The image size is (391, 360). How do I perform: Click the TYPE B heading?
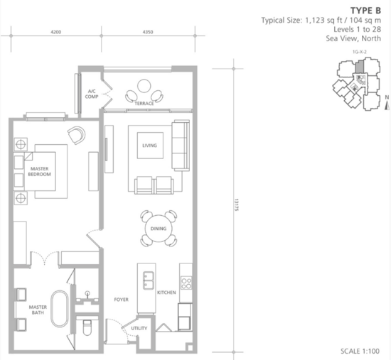365,11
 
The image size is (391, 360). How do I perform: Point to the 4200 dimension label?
56,32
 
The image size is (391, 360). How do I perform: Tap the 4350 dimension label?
148,32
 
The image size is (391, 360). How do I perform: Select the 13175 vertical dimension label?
237,205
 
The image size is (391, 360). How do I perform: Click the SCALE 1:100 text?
360,351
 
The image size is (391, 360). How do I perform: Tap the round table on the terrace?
144,86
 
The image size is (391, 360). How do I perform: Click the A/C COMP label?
92,94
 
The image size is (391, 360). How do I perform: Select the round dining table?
159,229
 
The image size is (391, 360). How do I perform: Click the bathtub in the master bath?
60,309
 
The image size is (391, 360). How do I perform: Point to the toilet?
87,327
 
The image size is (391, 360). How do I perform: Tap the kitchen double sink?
149,280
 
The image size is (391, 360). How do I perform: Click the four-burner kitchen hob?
186,283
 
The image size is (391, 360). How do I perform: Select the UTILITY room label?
139,328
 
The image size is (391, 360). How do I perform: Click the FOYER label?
121,300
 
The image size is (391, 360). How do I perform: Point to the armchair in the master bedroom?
77,135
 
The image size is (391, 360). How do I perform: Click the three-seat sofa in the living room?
181,146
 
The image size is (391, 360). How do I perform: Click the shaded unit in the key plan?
359,67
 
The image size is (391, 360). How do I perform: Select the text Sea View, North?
353,38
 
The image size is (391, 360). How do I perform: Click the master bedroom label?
39,171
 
